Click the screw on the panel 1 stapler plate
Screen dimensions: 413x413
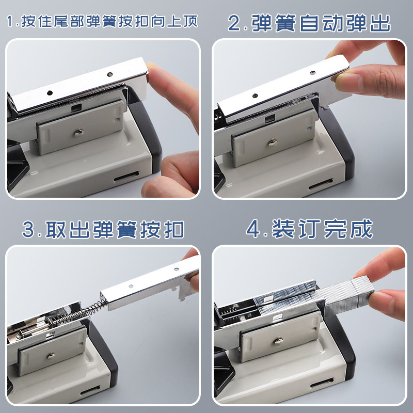(x=79, y=132)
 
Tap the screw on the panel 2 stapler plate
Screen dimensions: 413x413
(x=273, y=143)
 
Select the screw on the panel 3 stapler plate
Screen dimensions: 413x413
(x=51, y=356)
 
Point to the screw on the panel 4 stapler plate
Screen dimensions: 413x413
(x=278, y=341)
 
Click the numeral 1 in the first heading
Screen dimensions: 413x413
(x=10, y=21)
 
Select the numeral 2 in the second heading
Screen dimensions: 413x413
(x=234, y=23)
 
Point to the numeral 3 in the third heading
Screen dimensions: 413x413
(x=28, y=229)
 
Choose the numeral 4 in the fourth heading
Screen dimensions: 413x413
(x=253, y=229)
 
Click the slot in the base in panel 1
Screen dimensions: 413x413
(x=126, y=177)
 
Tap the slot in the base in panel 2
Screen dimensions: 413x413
(x=321, y=184)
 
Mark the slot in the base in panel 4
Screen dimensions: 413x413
(x=322, y=383)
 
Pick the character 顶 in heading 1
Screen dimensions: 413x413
(x=190, y=21)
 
